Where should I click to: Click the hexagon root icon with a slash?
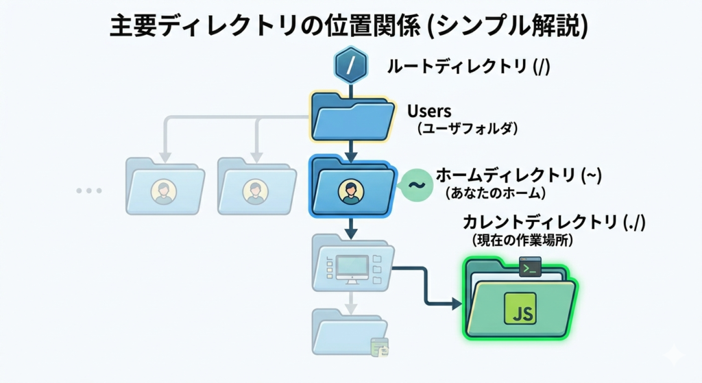(351, 66)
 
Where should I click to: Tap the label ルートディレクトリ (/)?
(469, 66)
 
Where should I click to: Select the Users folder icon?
(352, 118)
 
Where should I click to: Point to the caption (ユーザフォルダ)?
(466, 128)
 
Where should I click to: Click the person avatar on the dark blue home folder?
(350, 190)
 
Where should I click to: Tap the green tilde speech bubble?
(414, 185)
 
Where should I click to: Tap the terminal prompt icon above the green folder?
(530, 267)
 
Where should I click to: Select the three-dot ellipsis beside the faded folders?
(89, 190)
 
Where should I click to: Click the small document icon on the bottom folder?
(379, 347)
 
